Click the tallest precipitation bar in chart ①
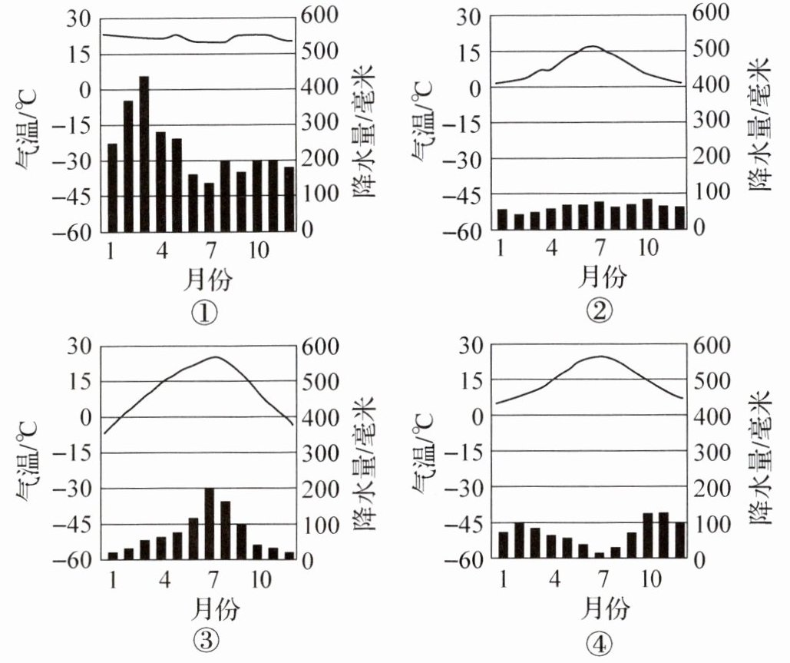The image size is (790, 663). tap(144, 154)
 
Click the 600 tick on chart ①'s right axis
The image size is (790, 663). tap(325, 16)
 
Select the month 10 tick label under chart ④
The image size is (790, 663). tap(650, 578)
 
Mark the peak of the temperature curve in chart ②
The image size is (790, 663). tap(591, 46)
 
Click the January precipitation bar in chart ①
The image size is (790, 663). tap(113, 187)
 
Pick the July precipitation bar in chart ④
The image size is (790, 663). tap(600, 555)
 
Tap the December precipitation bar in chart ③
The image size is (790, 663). tap(289, 555)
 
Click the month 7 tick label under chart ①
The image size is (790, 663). tap(210, 251)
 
